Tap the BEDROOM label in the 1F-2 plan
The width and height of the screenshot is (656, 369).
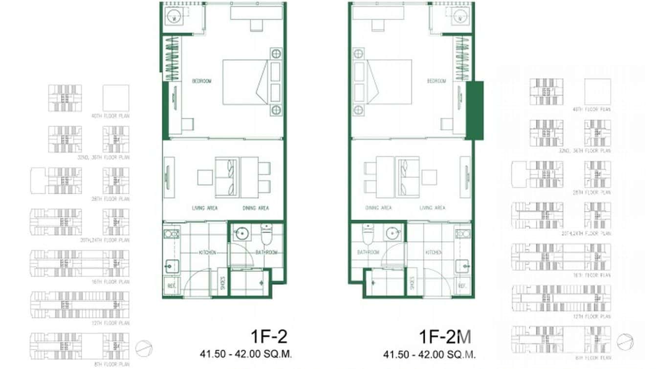[x=201, y=81]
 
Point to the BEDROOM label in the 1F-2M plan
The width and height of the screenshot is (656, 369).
[x=436, y=81]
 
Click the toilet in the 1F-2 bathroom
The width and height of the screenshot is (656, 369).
[x=266, y=234]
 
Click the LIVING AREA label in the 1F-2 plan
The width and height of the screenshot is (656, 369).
[x=204, y=208]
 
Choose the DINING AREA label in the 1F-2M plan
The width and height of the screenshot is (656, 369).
[x=378, y=208]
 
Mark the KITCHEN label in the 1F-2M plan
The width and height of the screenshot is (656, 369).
[x=434, y=253]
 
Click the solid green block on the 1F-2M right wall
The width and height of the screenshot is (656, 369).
[x=475, y=110]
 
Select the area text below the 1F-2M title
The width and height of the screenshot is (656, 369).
[x=429, y=354]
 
